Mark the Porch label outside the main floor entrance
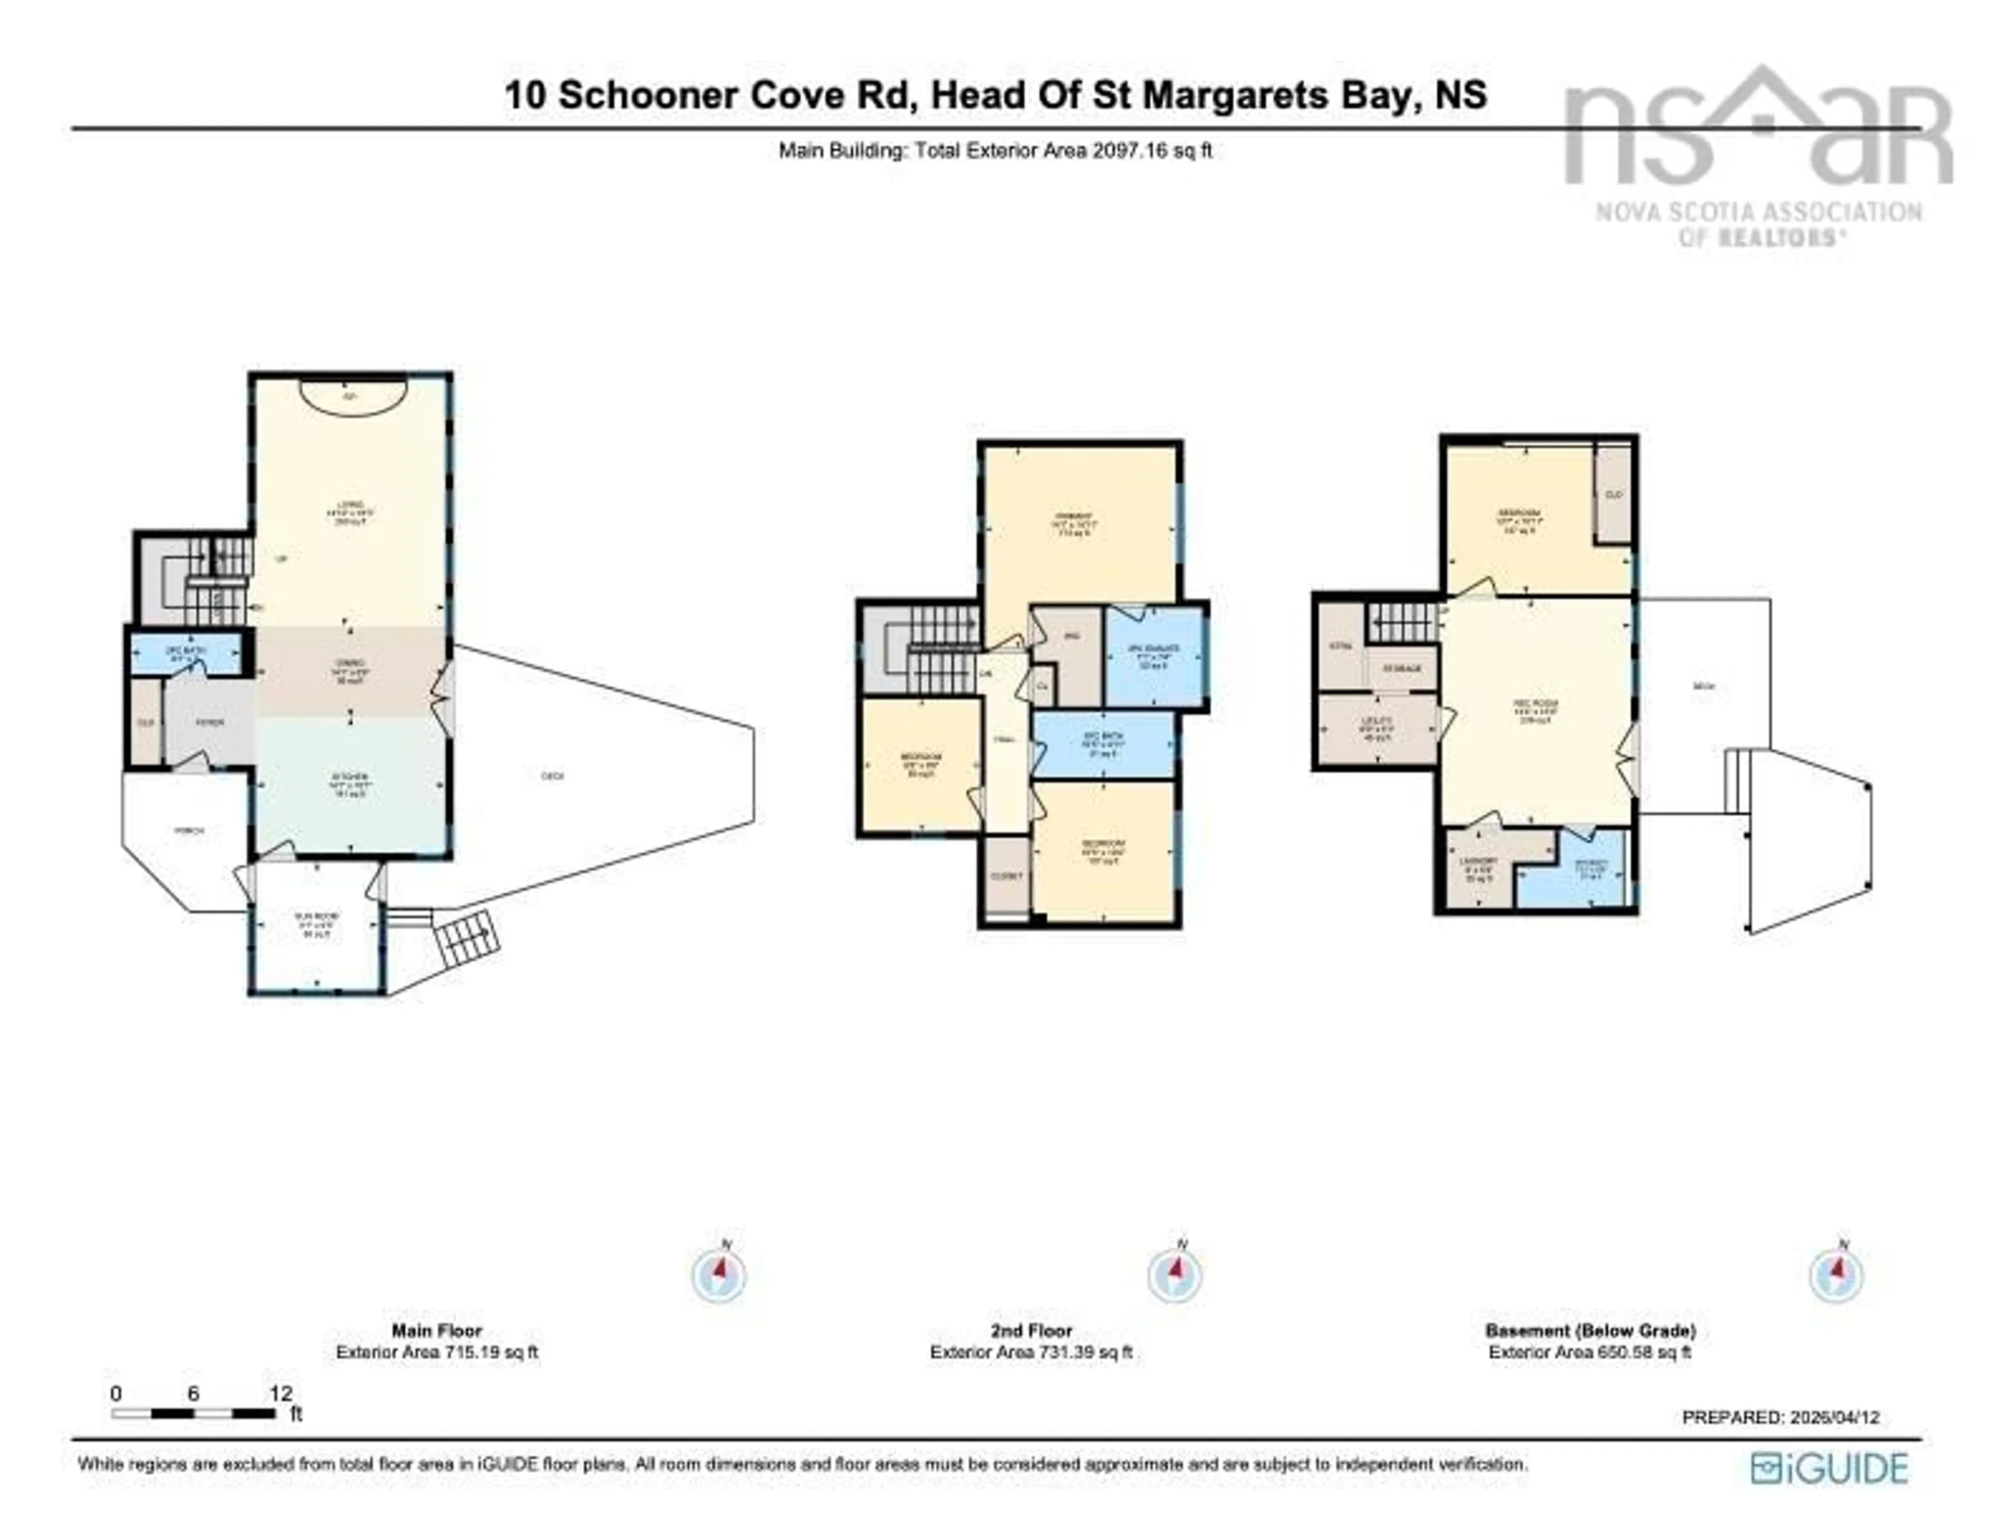189,831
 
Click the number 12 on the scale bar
281,1393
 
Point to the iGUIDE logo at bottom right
1829,1468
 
